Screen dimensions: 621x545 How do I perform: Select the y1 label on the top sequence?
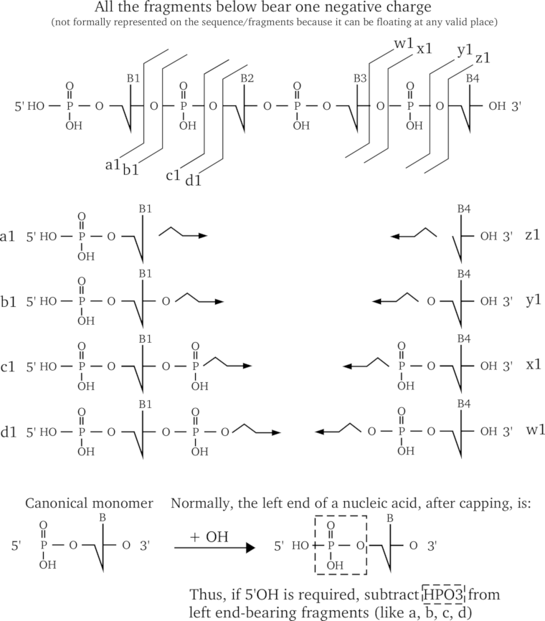(x=463, y=52)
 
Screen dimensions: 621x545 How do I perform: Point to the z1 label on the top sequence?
(x=482, y=57)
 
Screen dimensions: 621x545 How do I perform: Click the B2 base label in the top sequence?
(x=247, y=77)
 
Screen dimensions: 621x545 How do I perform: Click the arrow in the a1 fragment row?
(x=183, y=234)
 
